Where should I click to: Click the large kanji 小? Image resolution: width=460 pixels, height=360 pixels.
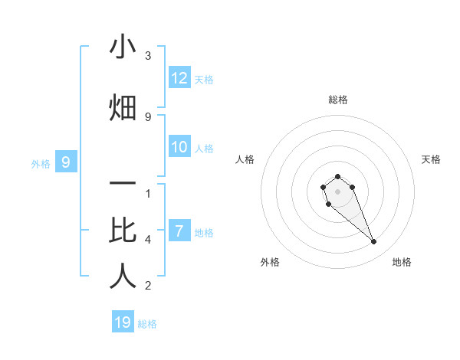click(x=123, y=47)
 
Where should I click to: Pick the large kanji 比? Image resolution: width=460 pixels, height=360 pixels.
click(x=123, y=230)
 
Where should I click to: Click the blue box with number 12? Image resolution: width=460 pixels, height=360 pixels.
click(x=179, y=78)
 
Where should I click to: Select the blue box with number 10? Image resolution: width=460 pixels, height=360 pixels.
click(x=179, y=147)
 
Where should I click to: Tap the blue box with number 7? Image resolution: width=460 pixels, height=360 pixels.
click(x=179, y=231)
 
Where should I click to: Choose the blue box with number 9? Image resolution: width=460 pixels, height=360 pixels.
click(x=66, y=162)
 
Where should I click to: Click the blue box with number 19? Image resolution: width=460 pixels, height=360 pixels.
click(x=123, y=322)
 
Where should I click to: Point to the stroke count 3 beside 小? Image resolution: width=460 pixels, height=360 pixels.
click(x=148, y=56)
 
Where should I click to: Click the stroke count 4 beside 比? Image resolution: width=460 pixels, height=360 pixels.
click(x=148, y=240)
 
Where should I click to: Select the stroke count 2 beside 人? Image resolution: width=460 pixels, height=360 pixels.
click(x=148, y=286)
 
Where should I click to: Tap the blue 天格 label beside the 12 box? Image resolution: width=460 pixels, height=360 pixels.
click(x=204, y=79)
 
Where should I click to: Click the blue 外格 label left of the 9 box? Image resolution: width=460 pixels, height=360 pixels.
click(x=41, y=163)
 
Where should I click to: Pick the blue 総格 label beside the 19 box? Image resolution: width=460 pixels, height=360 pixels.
click(x=147, y=323)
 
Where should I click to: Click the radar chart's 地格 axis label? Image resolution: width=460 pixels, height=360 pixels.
click(x=402, y=262)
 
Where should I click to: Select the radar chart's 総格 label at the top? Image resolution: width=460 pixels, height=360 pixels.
click(x=338, y=100)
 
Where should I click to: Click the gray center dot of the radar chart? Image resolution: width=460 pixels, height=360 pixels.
click(x=338, y=191)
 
